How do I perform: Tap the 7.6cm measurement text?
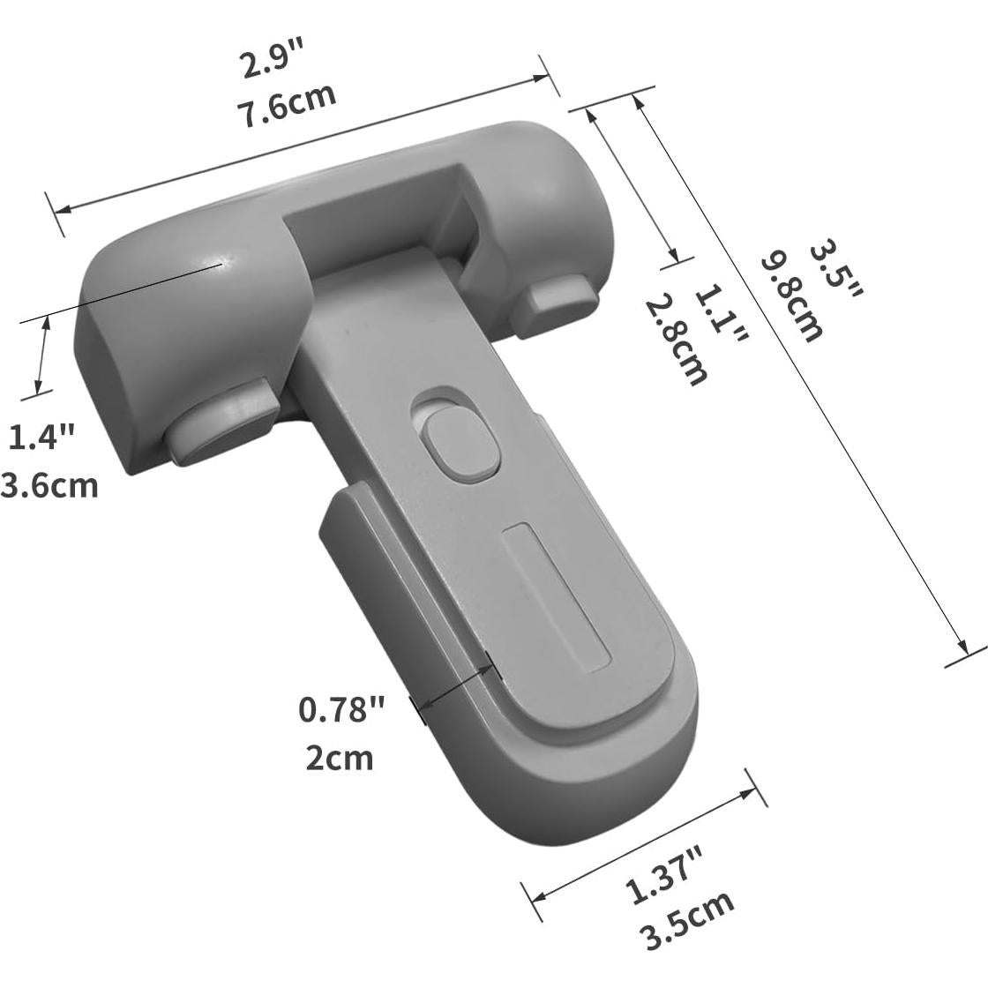(286, 108)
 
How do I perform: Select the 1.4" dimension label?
(41, 437)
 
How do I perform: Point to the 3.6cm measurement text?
(49, 484)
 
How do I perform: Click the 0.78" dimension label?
(342, 709)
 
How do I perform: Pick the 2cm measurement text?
(340, 757)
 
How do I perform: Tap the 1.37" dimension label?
(664, 873)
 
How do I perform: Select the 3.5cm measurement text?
(689, 919)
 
